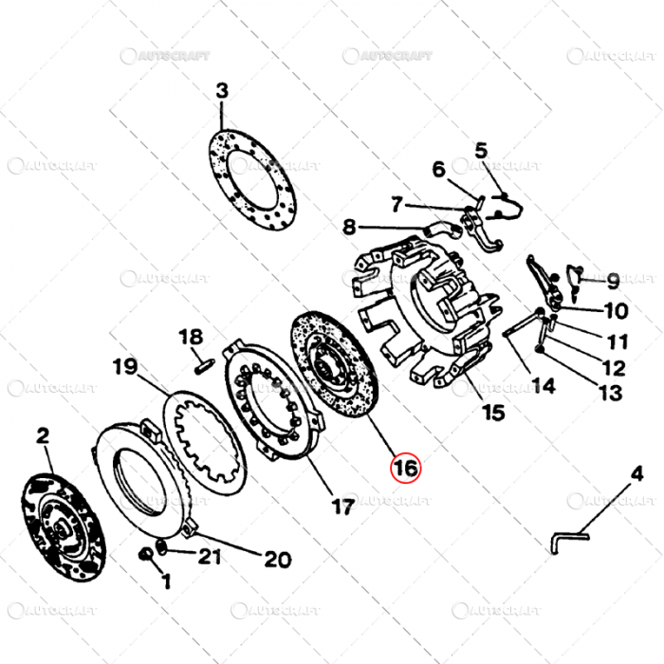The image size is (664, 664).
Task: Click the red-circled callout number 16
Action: pyautogui.click(x=405, y=468)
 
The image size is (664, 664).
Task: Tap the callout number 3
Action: pyautogui.click(x=222, y=92)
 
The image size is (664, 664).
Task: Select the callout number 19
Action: pyautogui.click(x=125, y=366)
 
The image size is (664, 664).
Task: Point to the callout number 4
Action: pyautogui.click(x=636, y=474)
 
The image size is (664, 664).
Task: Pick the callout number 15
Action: pyautogui.click(x=493, y=413)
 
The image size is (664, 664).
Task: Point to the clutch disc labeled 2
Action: pyautogui.click(x=63, y=519)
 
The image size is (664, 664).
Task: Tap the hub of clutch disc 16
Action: pyautogui.click(x=327, y=360)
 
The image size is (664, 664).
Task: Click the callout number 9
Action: pyautogui.click(x=613, y=281)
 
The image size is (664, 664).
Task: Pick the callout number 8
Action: pyautogui.click(x=349, y=227)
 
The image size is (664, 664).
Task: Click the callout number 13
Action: pyautogui.click(x=611, y=393)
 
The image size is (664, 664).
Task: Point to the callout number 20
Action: pyautogui.click(x=277, y=559)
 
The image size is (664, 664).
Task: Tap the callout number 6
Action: pyautogui.click(x=438, y=170)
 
